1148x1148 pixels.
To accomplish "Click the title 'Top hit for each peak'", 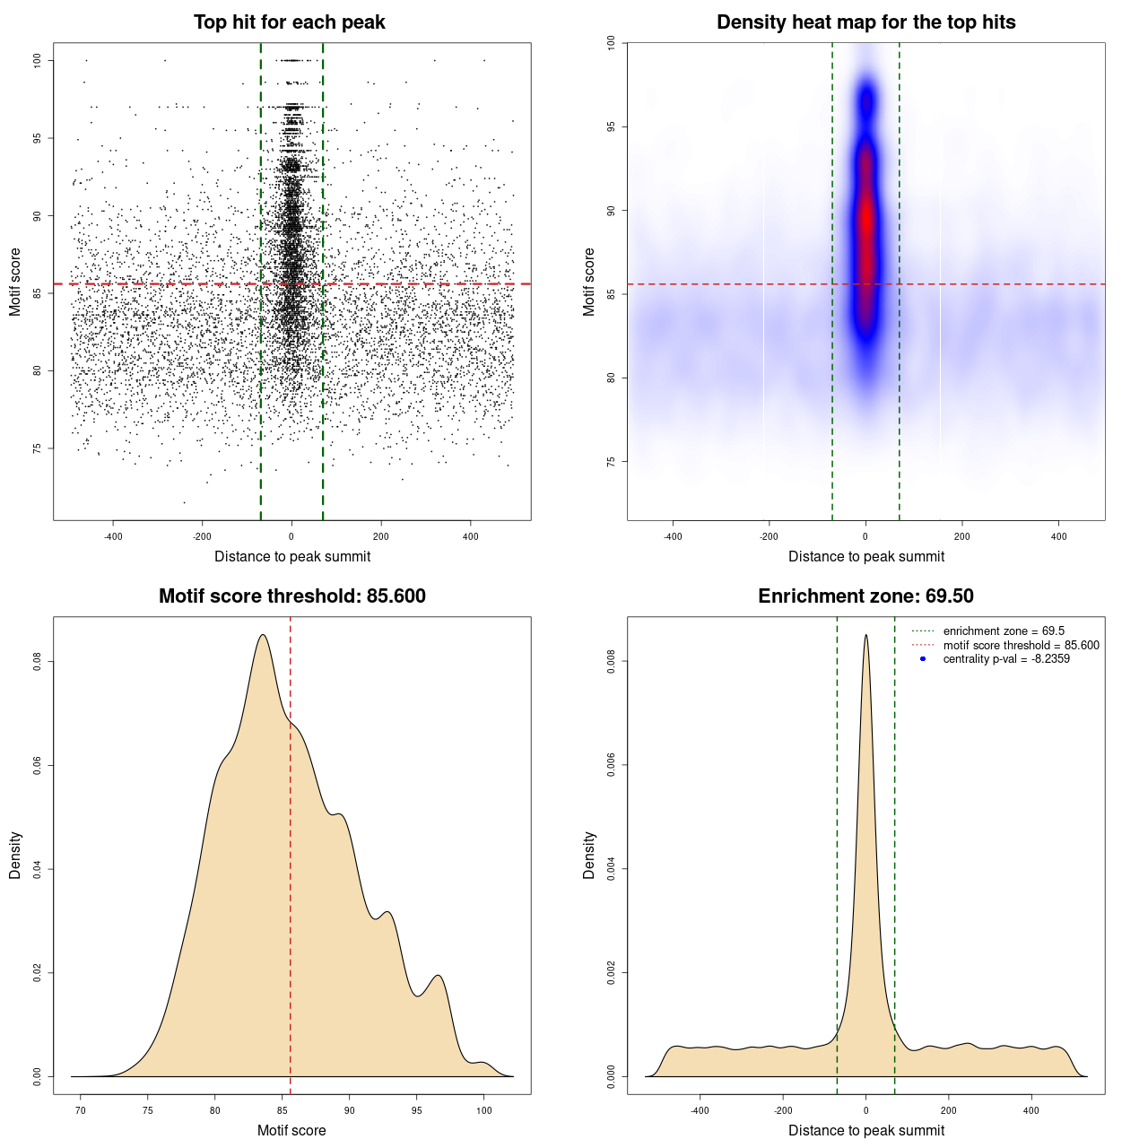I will [289, 22].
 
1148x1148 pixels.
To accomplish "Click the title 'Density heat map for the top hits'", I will [865, 22].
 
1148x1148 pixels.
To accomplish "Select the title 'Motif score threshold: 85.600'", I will [291, 596].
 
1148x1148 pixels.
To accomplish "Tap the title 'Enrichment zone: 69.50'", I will [865, 596].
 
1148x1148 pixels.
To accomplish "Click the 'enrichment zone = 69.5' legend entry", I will [1004, 631].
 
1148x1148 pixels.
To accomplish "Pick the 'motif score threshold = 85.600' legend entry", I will [1021, 645].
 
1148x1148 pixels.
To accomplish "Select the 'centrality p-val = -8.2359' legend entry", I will [1006, 659].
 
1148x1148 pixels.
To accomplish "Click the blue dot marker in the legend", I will [923, 659].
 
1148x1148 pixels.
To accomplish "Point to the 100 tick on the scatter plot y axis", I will [38, 60].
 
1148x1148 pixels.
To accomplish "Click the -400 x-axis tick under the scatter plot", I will [113, 536].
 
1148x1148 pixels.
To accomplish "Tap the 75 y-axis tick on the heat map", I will [612, 461].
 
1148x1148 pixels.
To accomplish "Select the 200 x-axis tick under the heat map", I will [962, 536].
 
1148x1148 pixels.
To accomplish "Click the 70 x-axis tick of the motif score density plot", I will [81, 1110].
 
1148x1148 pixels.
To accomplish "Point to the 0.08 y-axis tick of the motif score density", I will [38, 662].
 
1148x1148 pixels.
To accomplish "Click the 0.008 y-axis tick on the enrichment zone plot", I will [612, 662].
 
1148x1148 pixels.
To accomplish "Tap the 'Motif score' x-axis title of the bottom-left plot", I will [291, 1130].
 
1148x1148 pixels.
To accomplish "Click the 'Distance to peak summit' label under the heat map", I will [865, 556].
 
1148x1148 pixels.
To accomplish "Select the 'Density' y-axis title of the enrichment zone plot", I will [589, 855].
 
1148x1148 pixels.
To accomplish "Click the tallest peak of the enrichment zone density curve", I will [865, 636].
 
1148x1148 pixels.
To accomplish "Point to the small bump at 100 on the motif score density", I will [483, 1063].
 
